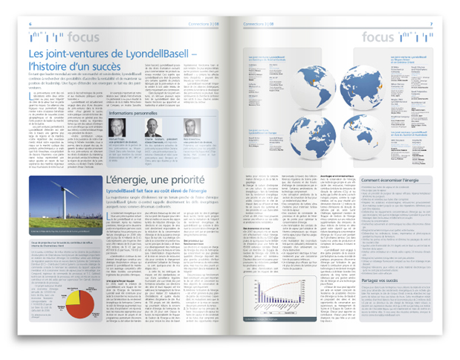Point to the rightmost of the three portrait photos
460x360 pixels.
coord(191,127)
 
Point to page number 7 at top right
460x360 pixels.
coord(430,24)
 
